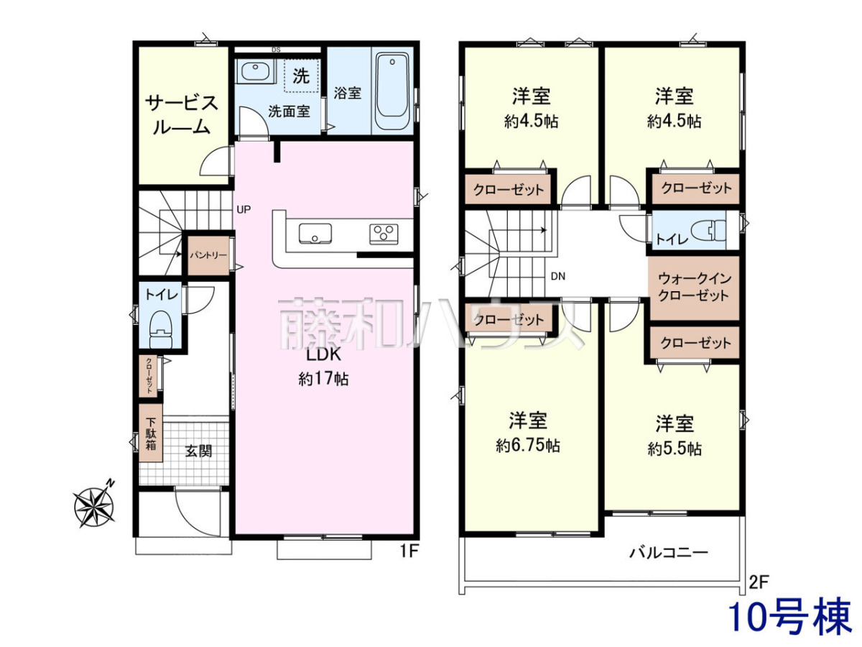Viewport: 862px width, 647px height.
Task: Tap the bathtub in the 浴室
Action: (x=392, y=91)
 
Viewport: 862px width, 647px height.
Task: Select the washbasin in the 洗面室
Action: (x=254, y=71)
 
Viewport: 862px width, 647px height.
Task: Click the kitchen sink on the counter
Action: (x=315, y=234)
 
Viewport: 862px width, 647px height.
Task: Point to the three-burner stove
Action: (x=384, y=234)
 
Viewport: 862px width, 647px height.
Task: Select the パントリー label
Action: (x=208, y=255)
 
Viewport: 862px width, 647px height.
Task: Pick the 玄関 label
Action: (x=199, y=451)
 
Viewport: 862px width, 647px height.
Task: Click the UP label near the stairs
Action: (x=244, y=209)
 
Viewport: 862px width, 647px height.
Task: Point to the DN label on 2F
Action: (x=557, y=276)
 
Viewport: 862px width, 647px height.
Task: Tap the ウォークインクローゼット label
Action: (x=693, y=287)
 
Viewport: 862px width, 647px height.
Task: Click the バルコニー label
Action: (x=669, y=553)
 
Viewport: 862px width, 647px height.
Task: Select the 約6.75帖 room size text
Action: (x=528, y=446)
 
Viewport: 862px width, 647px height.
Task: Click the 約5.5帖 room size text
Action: (x=675, y=448)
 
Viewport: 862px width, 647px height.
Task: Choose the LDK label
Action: (x=323, y=354)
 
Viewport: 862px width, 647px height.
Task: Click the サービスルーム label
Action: (x=182, y=115)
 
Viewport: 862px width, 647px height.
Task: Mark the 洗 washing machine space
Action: (x=301, y=75)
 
